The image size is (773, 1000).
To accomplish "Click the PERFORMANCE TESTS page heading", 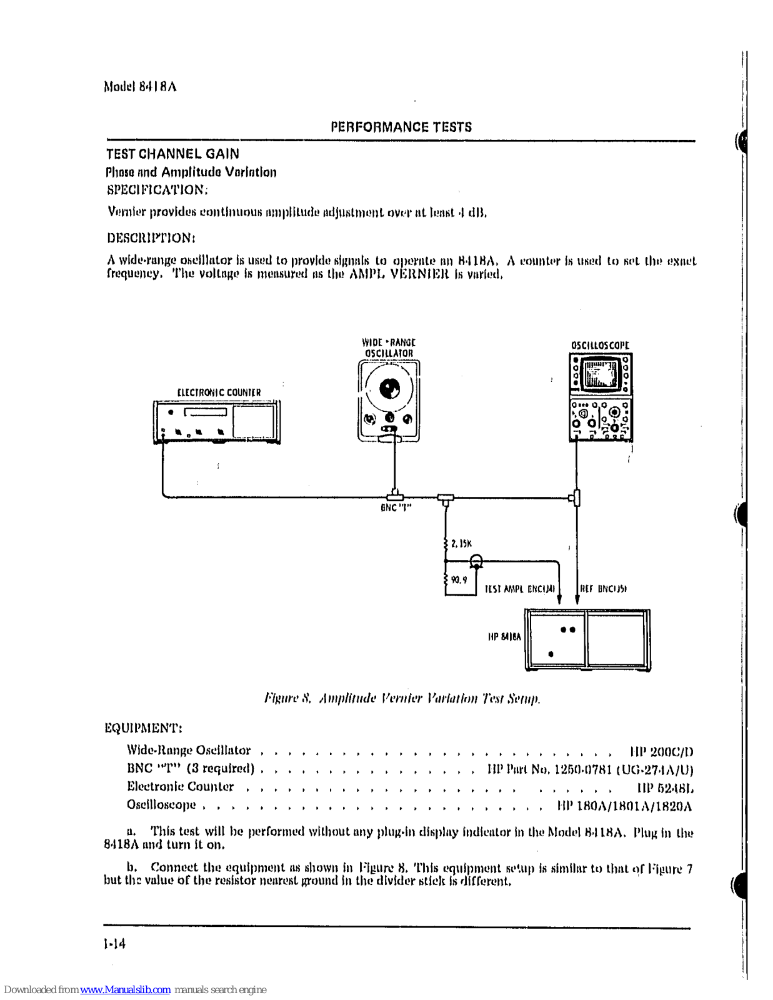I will pos(401,127).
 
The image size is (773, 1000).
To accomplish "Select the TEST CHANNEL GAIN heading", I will pos(172,154).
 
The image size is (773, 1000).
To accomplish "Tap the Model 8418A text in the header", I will pos(140,86).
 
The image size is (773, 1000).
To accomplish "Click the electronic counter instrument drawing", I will pos(216,422).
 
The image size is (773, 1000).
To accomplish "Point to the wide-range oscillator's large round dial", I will pos(389,389).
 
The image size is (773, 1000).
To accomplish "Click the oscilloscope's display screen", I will pos(600,374).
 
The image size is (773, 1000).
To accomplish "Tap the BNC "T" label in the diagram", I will pos(396,507).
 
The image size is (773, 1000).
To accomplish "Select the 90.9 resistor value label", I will pos(459,580).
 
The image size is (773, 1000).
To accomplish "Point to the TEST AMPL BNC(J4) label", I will pos(519,589).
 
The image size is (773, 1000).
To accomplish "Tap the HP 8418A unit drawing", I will pos(587,640).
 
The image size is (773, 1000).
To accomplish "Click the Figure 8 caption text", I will pos(402,698).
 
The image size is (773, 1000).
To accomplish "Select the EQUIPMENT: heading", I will pos(143,728).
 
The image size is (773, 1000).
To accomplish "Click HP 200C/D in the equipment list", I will pos(661,751).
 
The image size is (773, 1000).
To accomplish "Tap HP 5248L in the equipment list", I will pos(665,787).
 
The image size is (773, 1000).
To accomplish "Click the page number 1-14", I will pos(115,944).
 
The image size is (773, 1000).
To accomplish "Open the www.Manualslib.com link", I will pos(125,990).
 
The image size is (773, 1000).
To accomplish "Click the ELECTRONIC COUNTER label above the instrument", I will pos(219,392).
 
